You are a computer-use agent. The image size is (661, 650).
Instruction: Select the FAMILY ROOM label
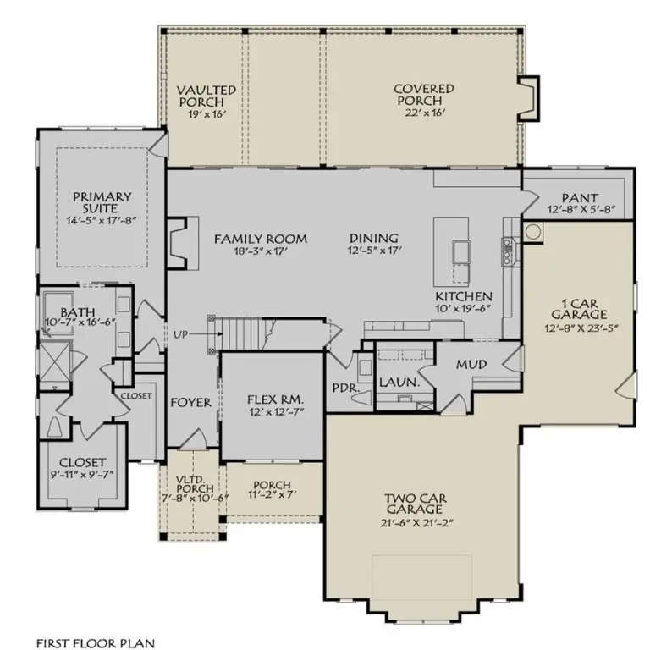pos(260,238)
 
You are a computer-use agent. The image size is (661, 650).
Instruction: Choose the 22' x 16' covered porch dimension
pos(423,113)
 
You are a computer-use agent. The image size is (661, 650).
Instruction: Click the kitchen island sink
pos(461,251)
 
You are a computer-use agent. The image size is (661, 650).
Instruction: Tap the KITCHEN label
pos(464,296)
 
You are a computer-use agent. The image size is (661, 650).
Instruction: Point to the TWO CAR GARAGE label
pos(413,504)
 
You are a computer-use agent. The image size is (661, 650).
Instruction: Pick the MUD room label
pos(470,364)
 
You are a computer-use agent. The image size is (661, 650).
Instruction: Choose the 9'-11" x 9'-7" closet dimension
pos(82,476)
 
